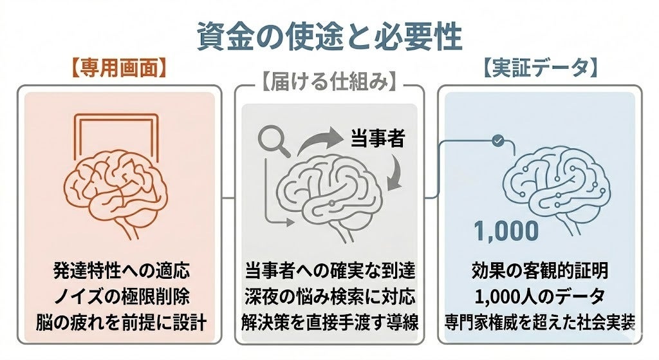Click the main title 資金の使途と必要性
click(x=330, y=36)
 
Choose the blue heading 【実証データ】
click(x=540, y=68)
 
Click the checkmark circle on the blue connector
click(x=498, y=141)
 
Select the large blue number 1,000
click(x=506, y=231)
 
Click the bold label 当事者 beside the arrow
click(x=377, y=138)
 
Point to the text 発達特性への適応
click(x=122, y=270)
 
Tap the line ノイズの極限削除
click(x=122, y=296)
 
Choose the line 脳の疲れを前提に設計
click(x=120, y=322)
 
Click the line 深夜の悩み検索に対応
click(x=330, y=296)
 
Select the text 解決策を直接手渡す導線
click(x=330, y=322)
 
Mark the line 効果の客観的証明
click(x=540, y=270)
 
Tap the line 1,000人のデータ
click(x=540, y=296)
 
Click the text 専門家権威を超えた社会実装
click(x=540, y=322)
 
